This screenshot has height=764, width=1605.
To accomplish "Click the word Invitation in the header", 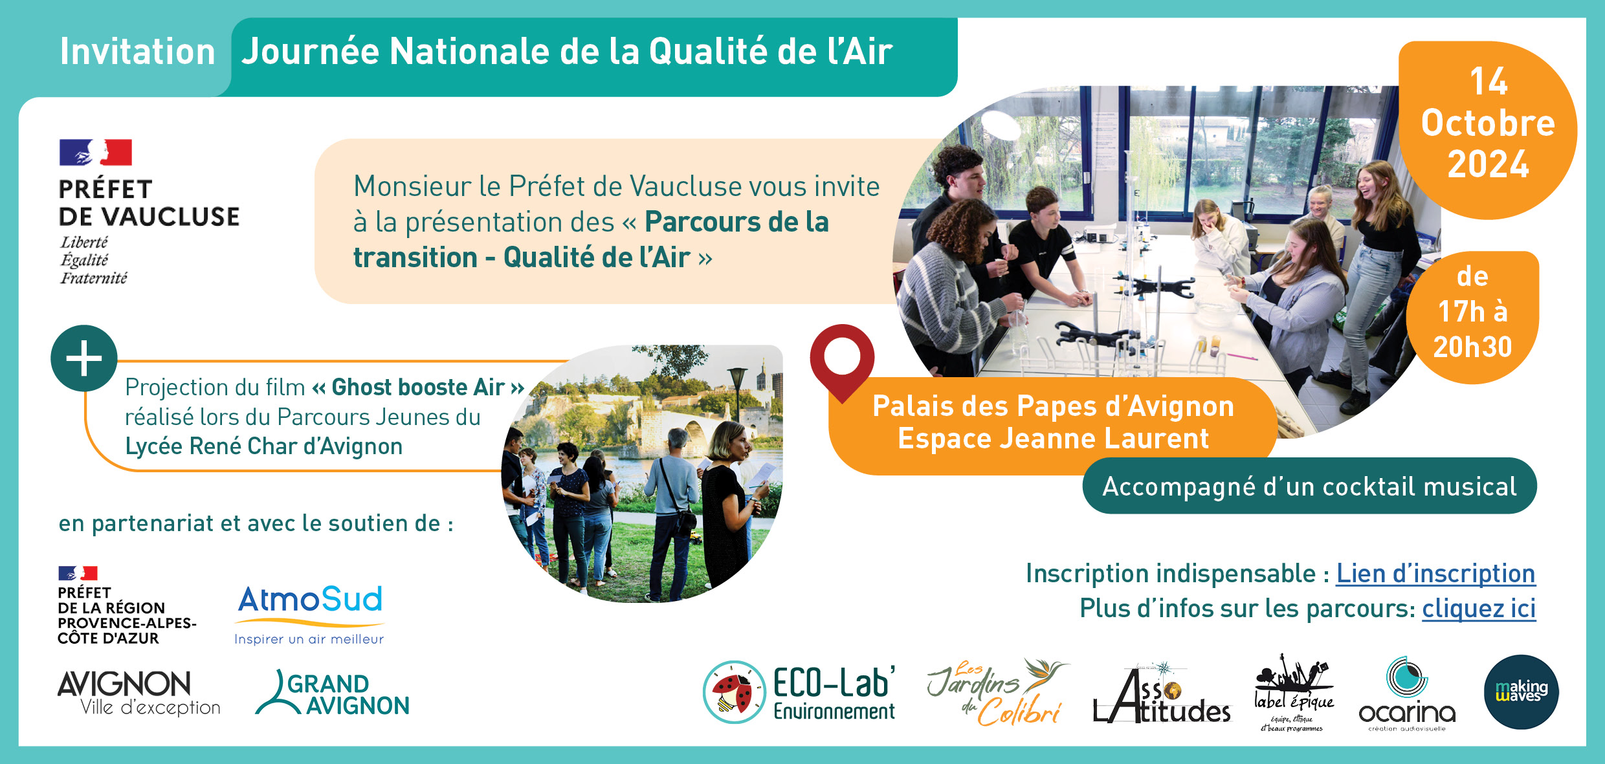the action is coord(137,52).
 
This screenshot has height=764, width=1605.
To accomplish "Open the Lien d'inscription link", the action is coord(1435,574).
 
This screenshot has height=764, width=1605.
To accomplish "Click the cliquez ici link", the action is coord(1479,609).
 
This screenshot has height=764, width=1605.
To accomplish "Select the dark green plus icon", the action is coord(84,358).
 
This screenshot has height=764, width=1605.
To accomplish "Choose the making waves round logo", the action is coord(1521,692).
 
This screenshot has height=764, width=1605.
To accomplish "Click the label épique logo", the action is coord(1293,693).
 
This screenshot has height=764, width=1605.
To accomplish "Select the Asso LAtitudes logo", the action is coord(1162,693).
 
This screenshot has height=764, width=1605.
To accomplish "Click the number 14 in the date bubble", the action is coord(1489,82).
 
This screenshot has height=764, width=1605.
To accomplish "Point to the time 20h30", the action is coord(1472,347).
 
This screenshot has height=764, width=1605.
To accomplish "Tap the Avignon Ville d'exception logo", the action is coord(139,693).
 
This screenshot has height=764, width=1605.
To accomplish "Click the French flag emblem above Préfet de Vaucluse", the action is coord(96,153).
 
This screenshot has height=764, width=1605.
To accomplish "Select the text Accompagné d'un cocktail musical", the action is coord(1309,486).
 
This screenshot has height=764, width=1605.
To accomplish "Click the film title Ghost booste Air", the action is coord(418,387).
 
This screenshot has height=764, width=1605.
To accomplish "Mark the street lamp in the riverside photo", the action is coord(737,395).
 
